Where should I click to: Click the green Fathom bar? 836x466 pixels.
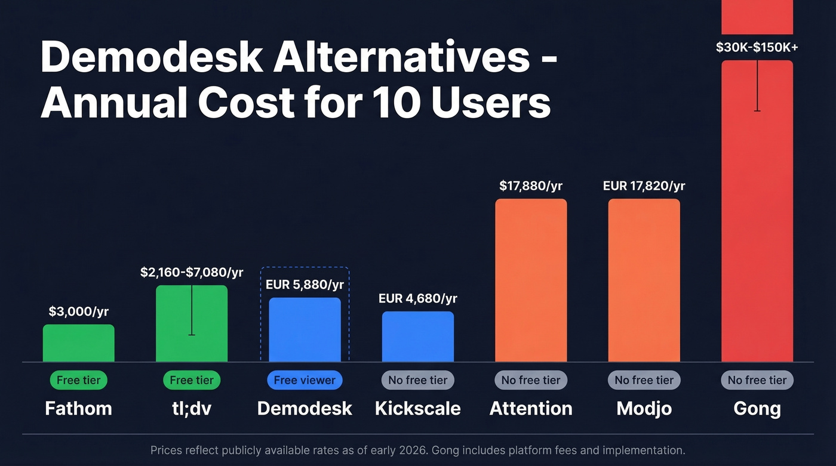click(x=78, y=343)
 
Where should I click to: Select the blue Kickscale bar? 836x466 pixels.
click(x=417, y=337)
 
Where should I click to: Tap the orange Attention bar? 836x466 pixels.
click(x=531, y=280)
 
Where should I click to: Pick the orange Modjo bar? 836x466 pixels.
click(x=644, y=280)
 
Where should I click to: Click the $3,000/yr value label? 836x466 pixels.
click(x=78, y=311)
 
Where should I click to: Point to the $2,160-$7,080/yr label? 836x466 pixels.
click(x=192, y=273)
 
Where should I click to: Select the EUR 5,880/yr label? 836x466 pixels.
click(x=305, y=285)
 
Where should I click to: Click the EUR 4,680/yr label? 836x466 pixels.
click(x=417, y=298)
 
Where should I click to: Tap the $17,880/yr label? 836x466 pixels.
click(x=531, y=186)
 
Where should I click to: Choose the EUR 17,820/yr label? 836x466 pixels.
click(x=644, y=186)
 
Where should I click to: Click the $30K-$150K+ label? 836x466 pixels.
click(x=757, y=47)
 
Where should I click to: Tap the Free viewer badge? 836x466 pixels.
click(x=305, y=380)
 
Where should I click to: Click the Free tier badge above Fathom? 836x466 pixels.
click(x=78, y=380)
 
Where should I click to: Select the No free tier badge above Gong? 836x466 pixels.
click(x=757, y=380)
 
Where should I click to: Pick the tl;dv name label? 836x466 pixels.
click(x=192, y=409)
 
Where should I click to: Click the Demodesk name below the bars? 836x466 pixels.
click(x=305, y=409)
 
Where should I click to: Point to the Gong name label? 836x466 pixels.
click(x=757, y=409)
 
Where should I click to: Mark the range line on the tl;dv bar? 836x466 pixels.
click(x=192, y=310)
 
